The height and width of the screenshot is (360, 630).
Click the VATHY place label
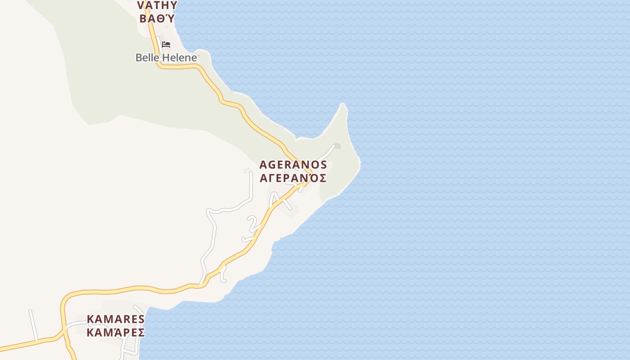(157, 5)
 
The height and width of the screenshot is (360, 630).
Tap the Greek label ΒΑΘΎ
(157, 18)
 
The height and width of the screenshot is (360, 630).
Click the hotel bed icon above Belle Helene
(166, 45)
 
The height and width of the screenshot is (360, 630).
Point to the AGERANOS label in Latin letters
(293, 165)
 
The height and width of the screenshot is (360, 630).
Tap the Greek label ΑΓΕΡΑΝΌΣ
(293, 178)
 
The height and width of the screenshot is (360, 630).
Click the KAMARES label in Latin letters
(116, 319)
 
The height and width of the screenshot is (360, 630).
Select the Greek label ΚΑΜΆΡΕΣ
(116, 333)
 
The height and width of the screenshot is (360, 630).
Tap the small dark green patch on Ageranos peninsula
(337, 146)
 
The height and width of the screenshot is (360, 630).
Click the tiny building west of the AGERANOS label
(247, 171)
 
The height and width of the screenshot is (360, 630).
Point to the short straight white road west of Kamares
(33, 325)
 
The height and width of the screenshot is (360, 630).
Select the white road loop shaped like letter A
(275, 199)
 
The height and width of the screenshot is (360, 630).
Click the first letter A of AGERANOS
(264, 165)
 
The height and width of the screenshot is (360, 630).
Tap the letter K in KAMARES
(90, 319)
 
